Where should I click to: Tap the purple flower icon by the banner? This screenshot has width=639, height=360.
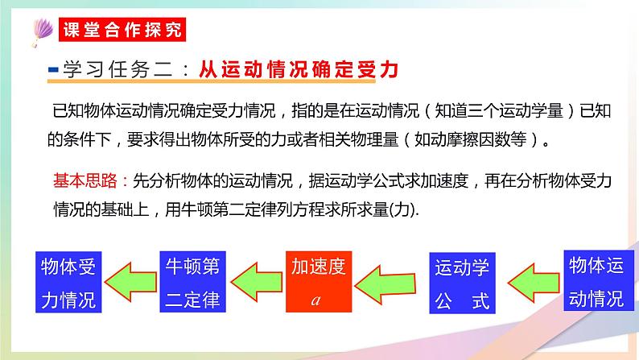(x=38, y=30)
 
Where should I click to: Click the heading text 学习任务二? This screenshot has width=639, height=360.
(x=117, y=69)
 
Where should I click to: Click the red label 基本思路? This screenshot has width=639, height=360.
(x=76, y=180)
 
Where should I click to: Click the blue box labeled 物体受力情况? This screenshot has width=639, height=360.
(x=68, y=282)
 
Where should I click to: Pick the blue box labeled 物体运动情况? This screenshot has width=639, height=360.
(x=596, y=281)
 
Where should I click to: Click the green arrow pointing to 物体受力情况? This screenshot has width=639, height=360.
(x=131, y=282)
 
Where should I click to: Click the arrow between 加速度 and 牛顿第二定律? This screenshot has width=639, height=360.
(x=255, y=282)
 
